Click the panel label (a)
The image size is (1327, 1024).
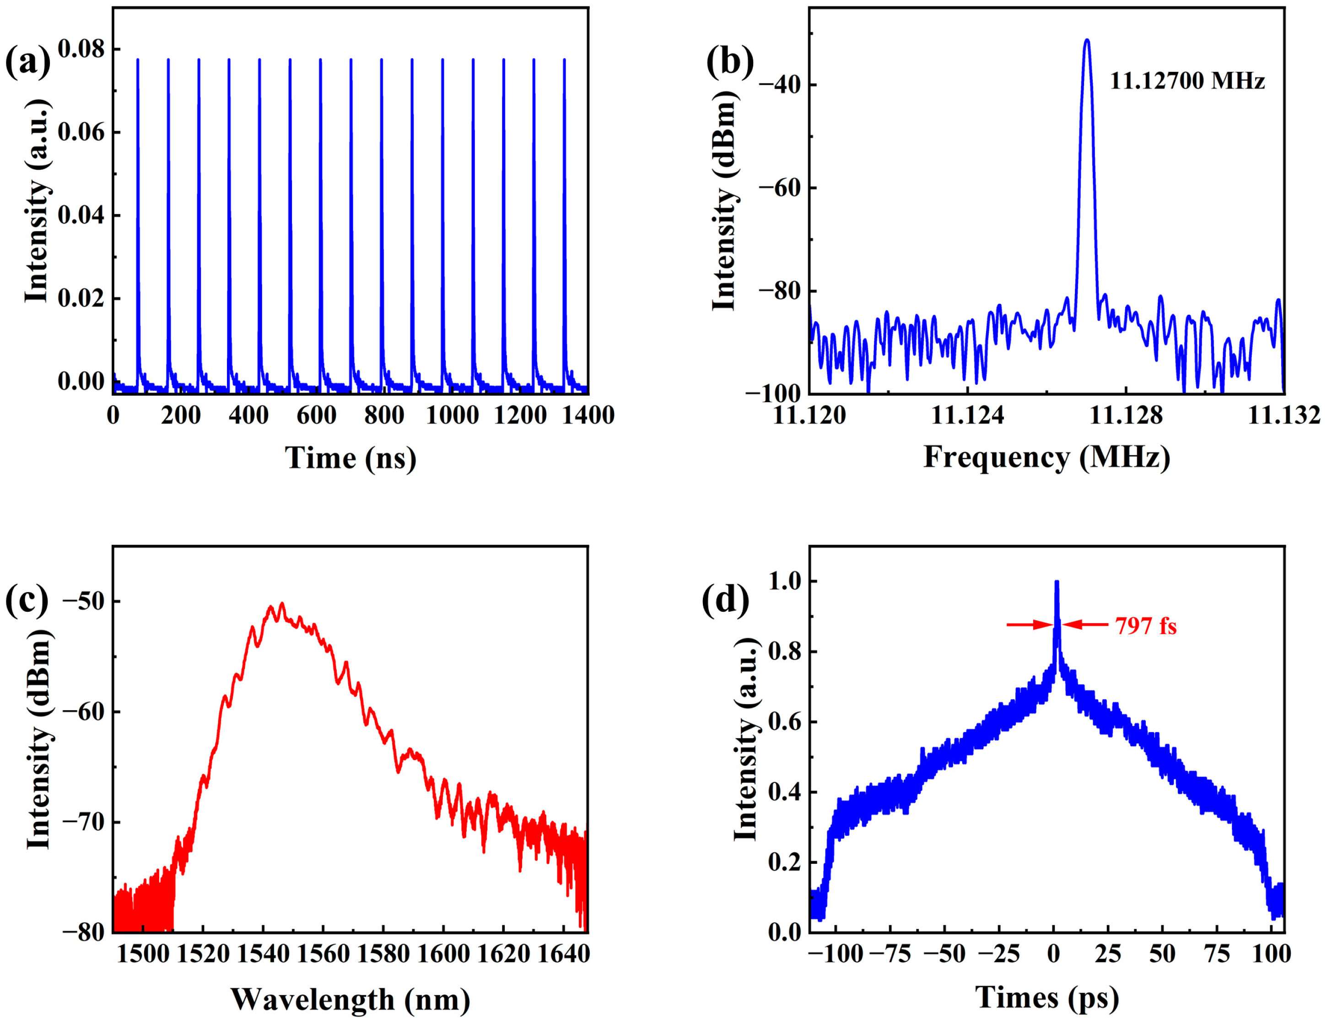click(27, 63)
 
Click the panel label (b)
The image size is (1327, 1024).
click(728, 63)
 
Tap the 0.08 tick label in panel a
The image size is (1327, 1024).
click(81, 49)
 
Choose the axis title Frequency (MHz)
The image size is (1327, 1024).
click(1047, 458)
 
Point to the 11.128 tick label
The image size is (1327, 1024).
click(1126, 415)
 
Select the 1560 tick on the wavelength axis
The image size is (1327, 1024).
click(323, 954)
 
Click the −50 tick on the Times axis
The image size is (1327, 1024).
click(944, 954)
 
